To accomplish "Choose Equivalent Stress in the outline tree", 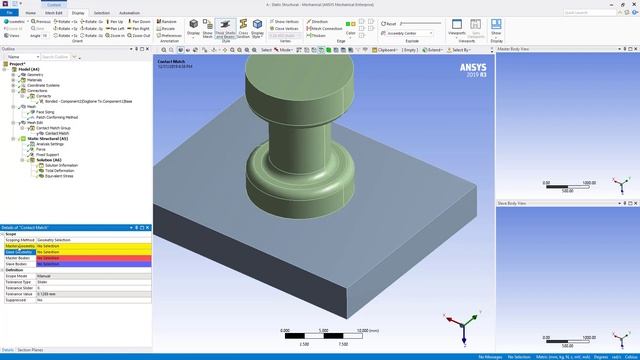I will (x=51, y=176).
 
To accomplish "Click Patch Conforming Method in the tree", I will (x=57, y=118).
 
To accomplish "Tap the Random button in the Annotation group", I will (x=169, y=21).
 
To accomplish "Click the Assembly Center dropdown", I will (x=403, y=32).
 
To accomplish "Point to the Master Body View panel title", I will (x=518, y=48).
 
